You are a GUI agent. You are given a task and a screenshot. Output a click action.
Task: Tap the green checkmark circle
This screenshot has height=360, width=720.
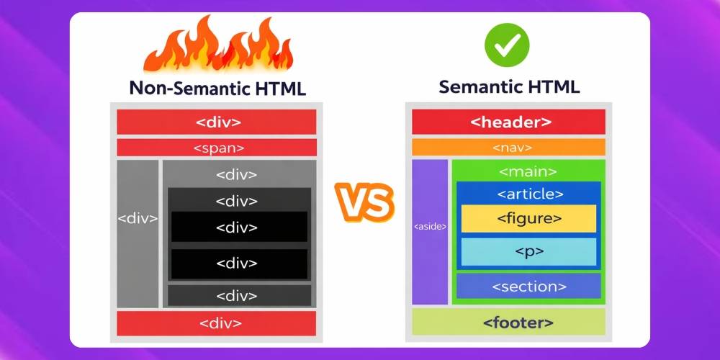click(x=506, y=44)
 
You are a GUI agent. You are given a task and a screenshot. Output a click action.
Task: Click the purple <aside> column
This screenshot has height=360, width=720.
click(x=430, y=230)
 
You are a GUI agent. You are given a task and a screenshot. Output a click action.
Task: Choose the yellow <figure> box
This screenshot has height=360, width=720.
click(x=528, y=218)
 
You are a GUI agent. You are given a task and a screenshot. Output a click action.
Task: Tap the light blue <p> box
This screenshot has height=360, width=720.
click(x=528, y=252)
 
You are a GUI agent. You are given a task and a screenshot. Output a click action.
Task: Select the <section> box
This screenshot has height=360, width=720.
click(x=528, y=286)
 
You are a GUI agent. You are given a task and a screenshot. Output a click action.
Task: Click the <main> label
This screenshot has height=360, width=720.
click(x=528, y=172)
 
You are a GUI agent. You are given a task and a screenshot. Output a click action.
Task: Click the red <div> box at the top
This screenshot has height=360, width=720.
click(x=217, y=122)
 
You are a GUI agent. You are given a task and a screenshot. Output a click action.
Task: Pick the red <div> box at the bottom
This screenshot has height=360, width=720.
click(x=217, y=323)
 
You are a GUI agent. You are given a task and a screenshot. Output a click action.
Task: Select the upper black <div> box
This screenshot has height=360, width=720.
click(x=238, y=228)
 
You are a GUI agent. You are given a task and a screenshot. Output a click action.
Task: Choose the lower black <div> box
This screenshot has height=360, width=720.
click(x=238, y=264)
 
